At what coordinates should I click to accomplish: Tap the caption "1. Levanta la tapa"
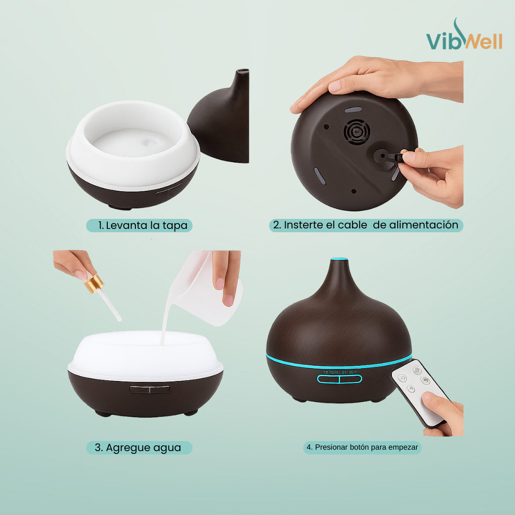(139, 226)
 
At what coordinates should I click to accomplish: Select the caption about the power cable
(366, 225)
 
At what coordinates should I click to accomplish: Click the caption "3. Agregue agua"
(139, 448)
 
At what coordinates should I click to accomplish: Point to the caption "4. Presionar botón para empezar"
(362, 447)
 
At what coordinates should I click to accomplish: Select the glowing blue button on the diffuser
(340, 379)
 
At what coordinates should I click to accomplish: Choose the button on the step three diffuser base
(149, 389)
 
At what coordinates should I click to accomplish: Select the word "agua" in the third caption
(167, 448)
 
